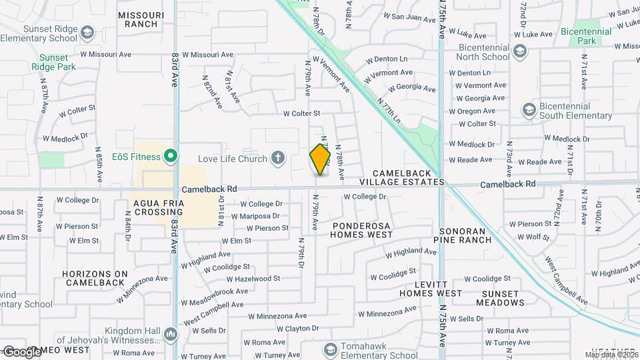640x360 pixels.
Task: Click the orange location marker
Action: (321, 159)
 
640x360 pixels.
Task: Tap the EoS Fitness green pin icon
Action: (171, 157)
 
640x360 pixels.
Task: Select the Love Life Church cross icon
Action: (278, 159)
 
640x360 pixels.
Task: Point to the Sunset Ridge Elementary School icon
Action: (87, 33)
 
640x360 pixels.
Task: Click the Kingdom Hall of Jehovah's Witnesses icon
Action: (171, 333)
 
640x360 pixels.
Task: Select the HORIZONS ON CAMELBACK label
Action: (95, 278)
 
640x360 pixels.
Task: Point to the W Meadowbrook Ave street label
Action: (214, 291)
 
